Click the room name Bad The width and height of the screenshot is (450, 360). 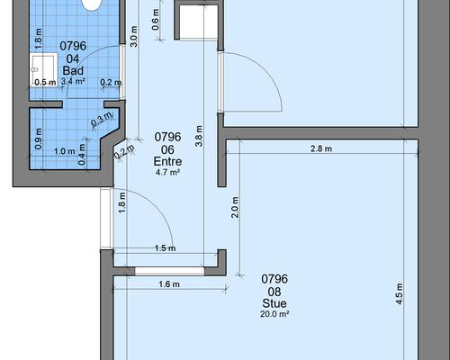73,71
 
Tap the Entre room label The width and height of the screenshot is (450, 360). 167,162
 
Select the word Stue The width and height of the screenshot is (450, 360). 274,303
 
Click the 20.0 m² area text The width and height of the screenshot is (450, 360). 274,314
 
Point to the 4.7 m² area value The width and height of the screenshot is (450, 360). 167,172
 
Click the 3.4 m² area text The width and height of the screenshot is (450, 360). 73,81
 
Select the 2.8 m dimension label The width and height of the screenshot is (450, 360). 321,148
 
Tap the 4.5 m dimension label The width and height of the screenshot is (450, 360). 400,293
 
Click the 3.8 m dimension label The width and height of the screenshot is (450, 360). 199,136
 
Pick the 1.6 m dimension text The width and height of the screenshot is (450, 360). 169,283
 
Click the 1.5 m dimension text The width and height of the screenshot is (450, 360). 166,248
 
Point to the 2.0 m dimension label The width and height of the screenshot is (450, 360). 235,207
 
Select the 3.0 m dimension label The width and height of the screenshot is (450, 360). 134,36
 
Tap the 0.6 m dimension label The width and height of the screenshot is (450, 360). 156,20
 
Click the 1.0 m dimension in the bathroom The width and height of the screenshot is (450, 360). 65,151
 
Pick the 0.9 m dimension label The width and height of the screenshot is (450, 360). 39,139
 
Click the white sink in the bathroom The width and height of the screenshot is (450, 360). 43,69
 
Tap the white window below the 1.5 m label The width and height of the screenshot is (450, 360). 169,271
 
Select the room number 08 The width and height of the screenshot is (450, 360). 274,292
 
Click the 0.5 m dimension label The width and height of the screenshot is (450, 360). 45,82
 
